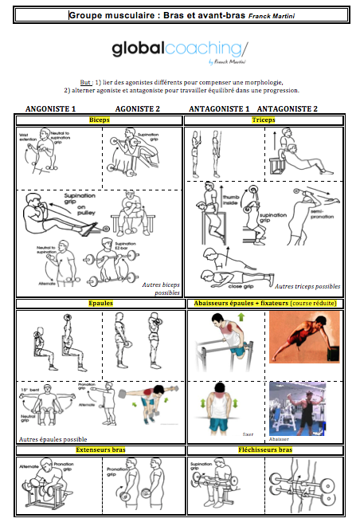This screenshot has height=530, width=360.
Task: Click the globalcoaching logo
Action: coord(179,50)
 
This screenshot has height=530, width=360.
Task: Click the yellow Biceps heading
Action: coord(100,120)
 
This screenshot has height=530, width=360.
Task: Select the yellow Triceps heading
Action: coord(263,120)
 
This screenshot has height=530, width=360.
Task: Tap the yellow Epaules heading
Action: coord(100,304)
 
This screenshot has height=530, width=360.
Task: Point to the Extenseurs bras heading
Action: coord(100,450)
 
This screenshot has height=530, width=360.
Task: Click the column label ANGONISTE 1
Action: coord(51,108)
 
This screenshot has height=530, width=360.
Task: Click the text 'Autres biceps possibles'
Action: coord(159,288)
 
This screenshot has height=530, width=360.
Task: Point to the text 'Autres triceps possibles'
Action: coord(307,285)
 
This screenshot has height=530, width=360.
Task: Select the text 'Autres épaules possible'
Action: coord(53,439)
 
